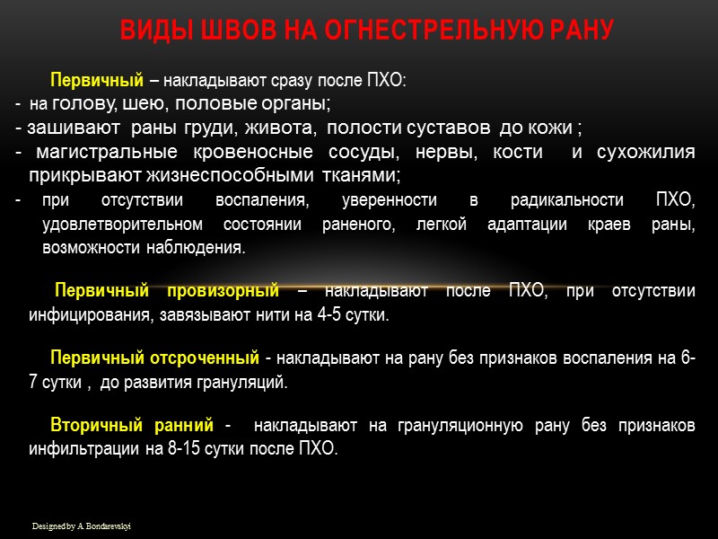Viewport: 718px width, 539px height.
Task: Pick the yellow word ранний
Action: point(187,424)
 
